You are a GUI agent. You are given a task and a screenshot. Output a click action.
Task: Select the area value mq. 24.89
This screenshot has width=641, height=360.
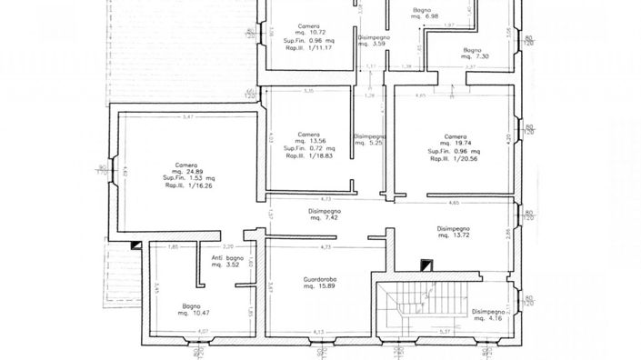coord(184,171)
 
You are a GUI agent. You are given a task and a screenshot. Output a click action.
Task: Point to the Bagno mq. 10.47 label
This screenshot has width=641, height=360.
coord(191,309)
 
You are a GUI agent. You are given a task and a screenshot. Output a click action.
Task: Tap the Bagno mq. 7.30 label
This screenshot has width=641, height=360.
coord(471,52)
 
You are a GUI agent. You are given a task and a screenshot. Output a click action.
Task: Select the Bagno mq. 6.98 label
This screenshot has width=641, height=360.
coord(425,13)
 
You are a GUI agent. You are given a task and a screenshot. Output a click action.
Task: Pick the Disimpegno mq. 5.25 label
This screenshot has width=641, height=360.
coord(370,139)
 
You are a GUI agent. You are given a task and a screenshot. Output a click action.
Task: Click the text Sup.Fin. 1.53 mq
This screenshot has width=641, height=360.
coord(184,178)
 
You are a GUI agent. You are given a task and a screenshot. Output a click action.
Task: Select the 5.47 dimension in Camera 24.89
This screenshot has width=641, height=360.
coord(188,116)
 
